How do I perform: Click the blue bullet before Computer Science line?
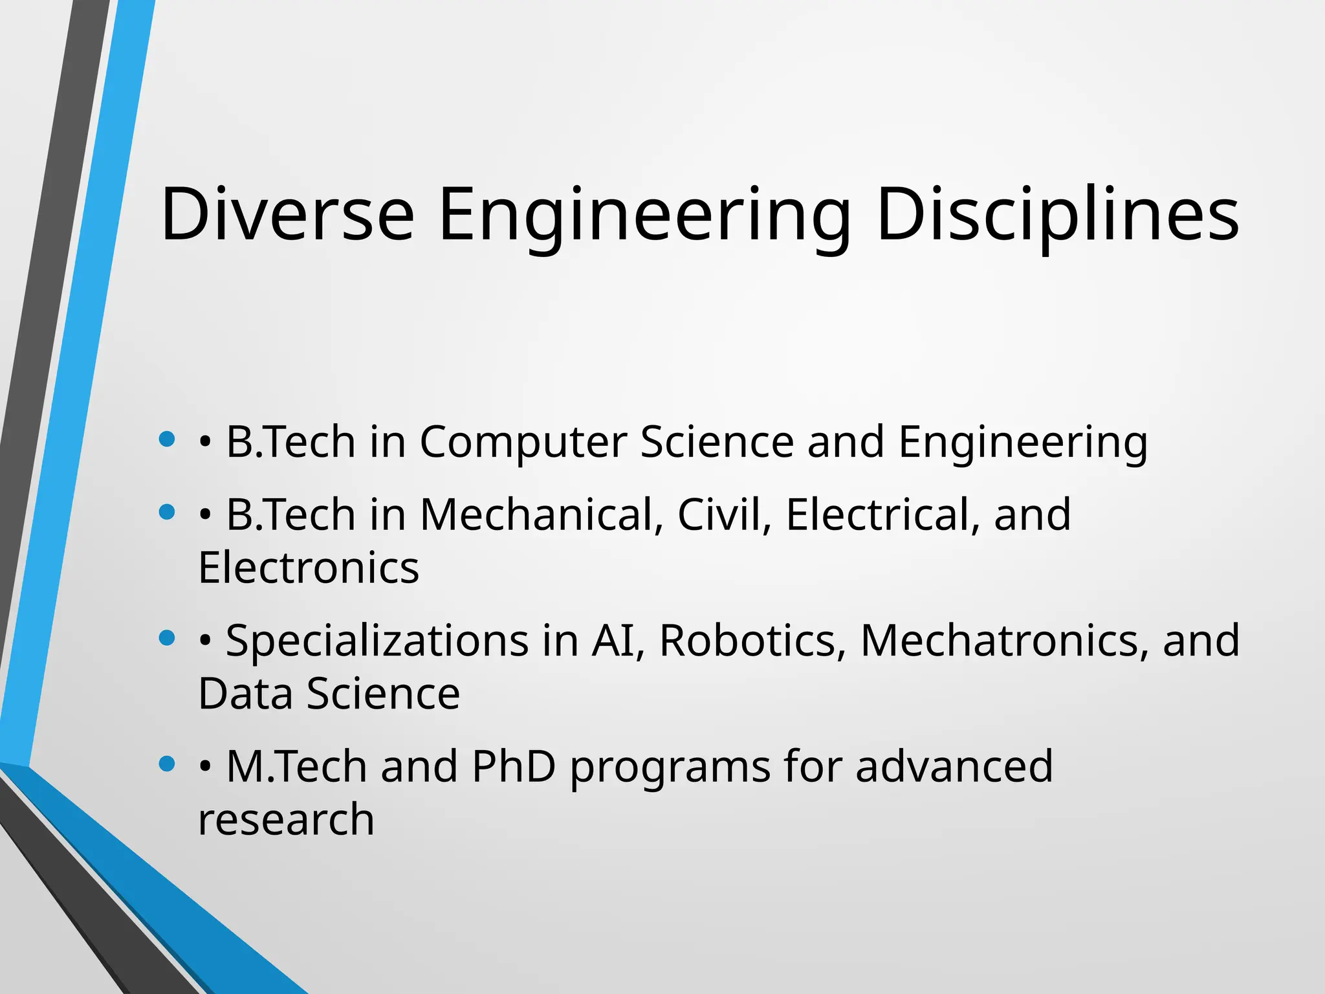[x=167, y=439]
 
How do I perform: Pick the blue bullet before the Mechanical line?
[x=167, y=513]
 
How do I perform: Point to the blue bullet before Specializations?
[x=167, y=638]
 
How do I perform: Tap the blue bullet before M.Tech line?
[x=167, y=764]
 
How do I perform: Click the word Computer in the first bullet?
[x=523, y=442]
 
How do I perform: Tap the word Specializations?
[x=377, y=641]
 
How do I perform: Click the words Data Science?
[x=329, y=694]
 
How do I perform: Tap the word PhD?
[x=514, y=767]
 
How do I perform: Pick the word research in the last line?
[x=286, y=820]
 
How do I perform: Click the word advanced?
[x=954, y=767]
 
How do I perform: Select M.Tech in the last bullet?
[x=296, y=767]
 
